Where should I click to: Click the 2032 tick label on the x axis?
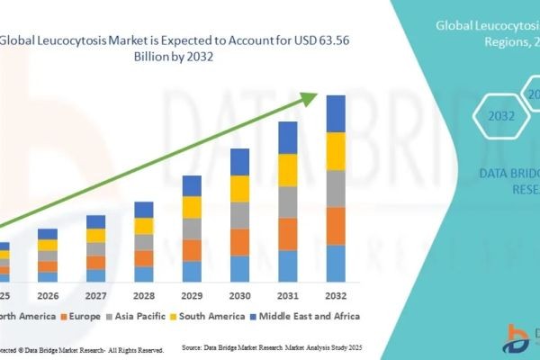pos(336,295)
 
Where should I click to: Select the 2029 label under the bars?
pos(192,295)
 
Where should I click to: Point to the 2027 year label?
pos(95,295)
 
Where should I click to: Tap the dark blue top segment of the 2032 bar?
pos(336,113)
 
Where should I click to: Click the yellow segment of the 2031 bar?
pos(288,170)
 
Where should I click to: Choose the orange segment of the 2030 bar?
pos(239,242)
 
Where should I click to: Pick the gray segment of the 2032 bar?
pos(336,188)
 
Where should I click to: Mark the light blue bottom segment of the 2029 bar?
pos(192,272)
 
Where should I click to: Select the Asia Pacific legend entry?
pos(140,316)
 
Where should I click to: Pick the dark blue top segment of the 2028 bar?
pos(144,210)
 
